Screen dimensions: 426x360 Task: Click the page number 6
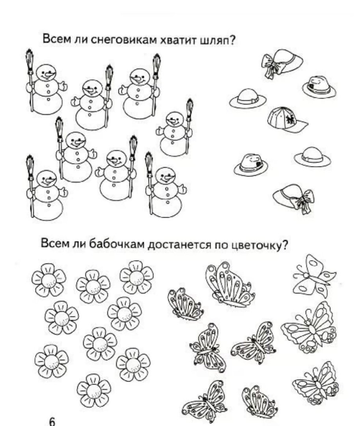tap(52, 421)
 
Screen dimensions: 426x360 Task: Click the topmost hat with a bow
tap(282, 62)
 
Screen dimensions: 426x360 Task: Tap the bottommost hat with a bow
tap(294, 198)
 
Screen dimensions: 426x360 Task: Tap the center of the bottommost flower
tap(94, 390)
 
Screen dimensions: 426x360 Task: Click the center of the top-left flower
tap(48, 280)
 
